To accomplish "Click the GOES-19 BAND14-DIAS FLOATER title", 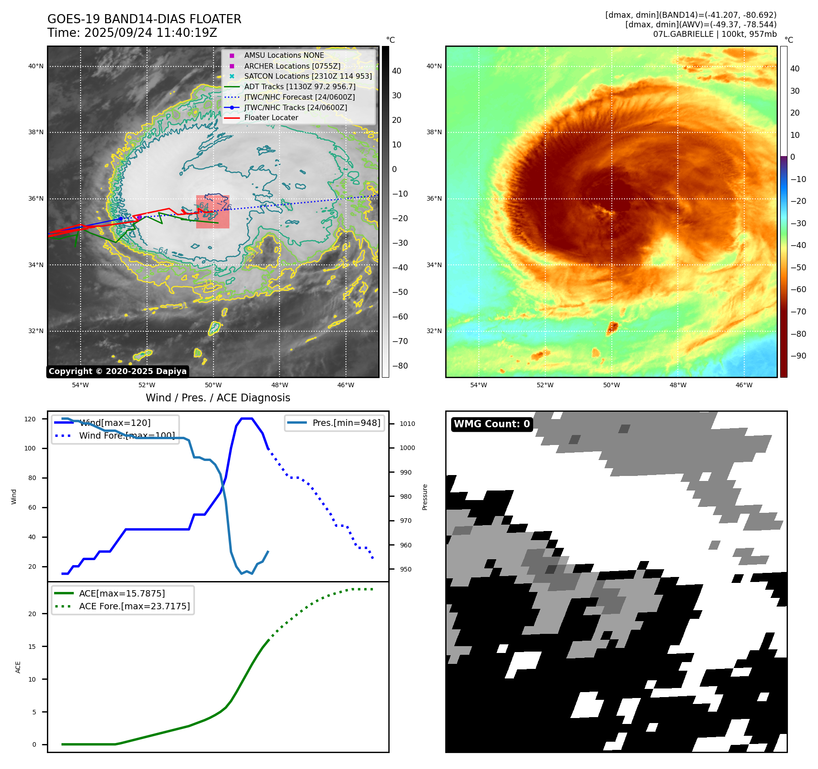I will coord(144,19).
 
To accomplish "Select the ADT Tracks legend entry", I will coord(300,86).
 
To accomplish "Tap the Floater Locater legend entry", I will coord(271,117).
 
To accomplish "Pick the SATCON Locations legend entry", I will coord(308,76).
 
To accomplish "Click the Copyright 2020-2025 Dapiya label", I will coord(117,371).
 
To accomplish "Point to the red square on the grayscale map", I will coord(213,212).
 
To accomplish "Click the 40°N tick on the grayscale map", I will coord(36,66).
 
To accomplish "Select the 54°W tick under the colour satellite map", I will coord(478,385).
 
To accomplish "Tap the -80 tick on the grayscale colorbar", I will coord(400,366).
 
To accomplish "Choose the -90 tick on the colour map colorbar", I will coord(798,356).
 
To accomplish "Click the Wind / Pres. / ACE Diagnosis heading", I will coord(218,398).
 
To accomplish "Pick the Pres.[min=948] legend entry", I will coord(346,423).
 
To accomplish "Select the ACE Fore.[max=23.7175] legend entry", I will coord(134,606).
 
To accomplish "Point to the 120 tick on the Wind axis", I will coord(30,419).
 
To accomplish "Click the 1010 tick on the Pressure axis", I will coord(407,424).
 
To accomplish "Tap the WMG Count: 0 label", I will coord(492,424).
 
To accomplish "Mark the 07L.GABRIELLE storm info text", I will coord(715,34).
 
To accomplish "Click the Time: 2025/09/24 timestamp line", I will coord(132,33).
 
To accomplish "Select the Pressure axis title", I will coord(425,497).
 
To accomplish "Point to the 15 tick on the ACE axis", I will coord(32,647).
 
